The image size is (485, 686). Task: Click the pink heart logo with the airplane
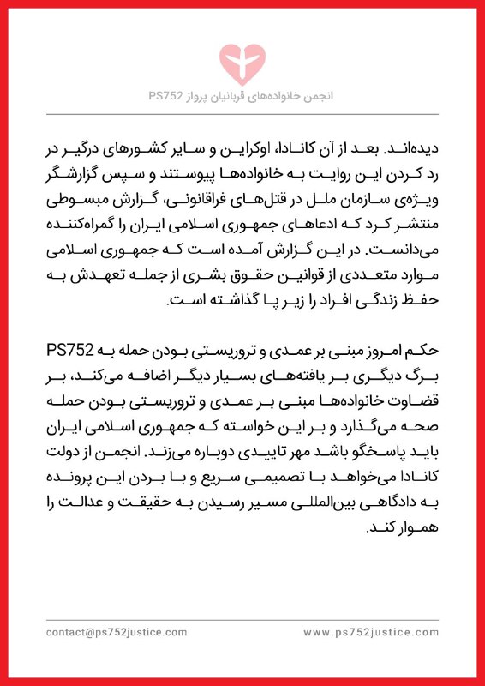[242, 57]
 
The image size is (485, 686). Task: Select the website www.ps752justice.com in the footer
[370, 632]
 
